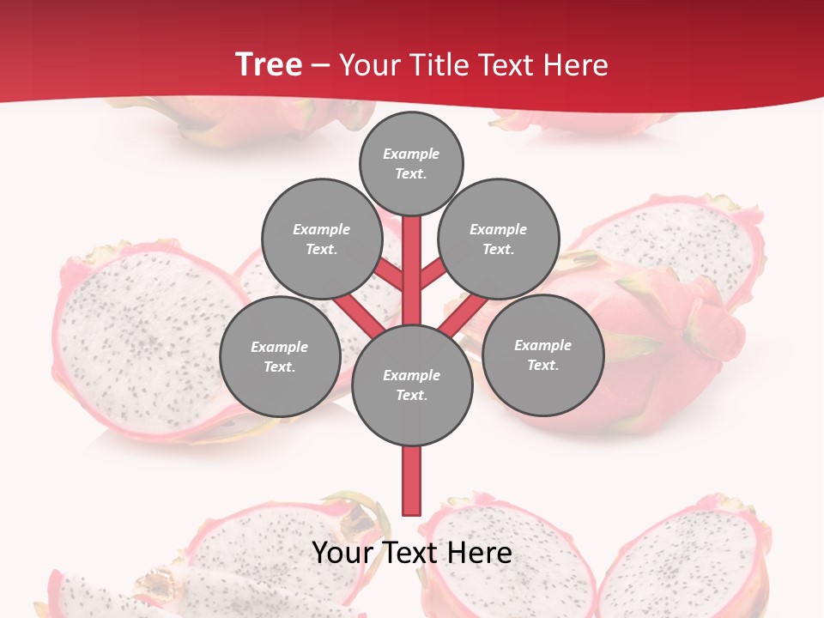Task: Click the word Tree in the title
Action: click(x=268, y=64)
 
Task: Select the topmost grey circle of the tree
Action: click(x=411, y=163)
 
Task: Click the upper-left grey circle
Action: click(x=321, y=239)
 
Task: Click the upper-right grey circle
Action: click(x=499, y=239)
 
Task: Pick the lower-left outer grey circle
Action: click(x=279, y=356)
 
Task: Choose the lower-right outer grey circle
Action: click(x=542, y=354)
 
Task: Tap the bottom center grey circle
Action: click(x=412, y=385)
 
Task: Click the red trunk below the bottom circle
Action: click(x=412, y=481)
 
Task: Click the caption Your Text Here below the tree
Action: click(x=412, y=553)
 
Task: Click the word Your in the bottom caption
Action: click(x=341, y=553)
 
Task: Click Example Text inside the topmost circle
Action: click(x=411, y=163)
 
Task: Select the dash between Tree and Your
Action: click(x=320, y=66)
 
